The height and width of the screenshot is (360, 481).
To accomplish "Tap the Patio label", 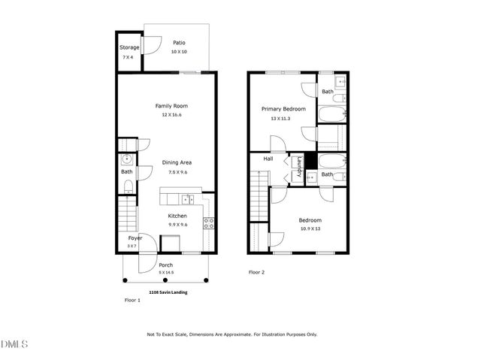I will pyautogui.click(x=179, y=43).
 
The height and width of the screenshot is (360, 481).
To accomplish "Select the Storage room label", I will pyautogui.click(x=129, y=47).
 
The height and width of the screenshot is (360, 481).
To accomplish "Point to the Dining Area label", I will pyautogui.click(x=178, y=162).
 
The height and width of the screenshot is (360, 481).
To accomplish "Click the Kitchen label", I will pyautogui.click(x=177, y=216).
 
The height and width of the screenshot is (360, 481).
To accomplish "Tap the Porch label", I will pyautogui.click(x=166, y=265).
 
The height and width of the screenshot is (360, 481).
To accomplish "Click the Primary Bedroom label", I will pyautogui.click(x=283, y=109).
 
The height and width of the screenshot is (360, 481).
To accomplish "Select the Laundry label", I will pyautogui.click(x=299, y=166).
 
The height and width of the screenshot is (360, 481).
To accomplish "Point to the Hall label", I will pyautogui.click(x=268, y=159).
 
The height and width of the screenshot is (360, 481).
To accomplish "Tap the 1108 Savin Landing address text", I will pyautogui.click(x=169, y=291).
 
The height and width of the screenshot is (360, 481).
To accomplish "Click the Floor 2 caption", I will pyautogui.click(x=257, y=272).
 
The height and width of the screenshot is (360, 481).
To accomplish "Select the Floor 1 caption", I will pyautogui.click(x=132, y=299).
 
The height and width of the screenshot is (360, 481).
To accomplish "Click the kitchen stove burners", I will pyautogui.click(x=209, y=222).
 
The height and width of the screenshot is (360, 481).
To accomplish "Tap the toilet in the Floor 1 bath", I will pyautogui.click(x=128, y=187).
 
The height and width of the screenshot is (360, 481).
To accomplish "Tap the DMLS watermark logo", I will pyautogui.click(x=14, y=345).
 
